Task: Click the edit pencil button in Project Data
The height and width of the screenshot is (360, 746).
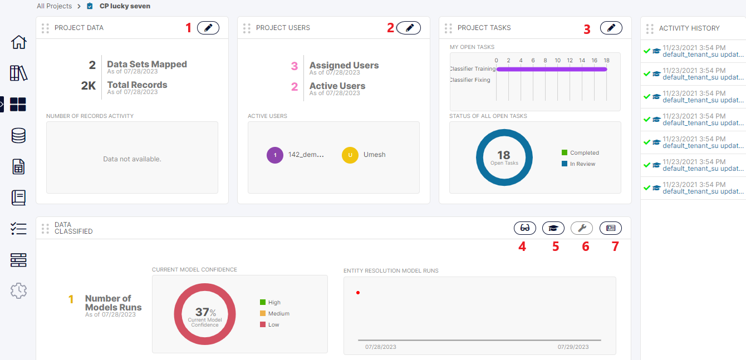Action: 208,28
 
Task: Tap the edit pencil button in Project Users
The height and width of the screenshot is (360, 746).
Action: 409,28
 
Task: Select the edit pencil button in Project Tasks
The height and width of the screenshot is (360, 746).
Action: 611,28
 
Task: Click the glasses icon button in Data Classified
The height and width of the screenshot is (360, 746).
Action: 524,228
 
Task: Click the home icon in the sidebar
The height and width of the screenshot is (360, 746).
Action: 18,42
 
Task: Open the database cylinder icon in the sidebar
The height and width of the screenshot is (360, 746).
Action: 18,135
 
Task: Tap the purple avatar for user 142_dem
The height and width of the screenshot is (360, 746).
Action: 275,155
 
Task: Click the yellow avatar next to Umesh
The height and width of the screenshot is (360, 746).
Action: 350,155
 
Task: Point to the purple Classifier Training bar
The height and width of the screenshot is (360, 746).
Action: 551,69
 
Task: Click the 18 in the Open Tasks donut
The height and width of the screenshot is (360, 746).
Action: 504,155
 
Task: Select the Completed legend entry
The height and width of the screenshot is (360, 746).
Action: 584,152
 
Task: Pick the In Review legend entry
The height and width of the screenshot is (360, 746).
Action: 582,164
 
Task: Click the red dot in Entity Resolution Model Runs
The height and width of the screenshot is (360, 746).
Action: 358,293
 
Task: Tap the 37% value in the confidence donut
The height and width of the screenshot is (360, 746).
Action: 205,313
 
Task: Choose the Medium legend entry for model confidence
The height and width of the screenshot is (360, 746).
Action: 278,314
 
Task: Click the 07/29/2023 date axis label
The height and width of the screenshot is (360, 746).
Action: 573,347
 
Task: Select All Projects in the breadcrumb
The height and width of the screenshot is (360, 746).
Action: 54,6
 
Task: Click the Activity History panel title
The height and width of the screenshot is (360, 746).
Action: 689,28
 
